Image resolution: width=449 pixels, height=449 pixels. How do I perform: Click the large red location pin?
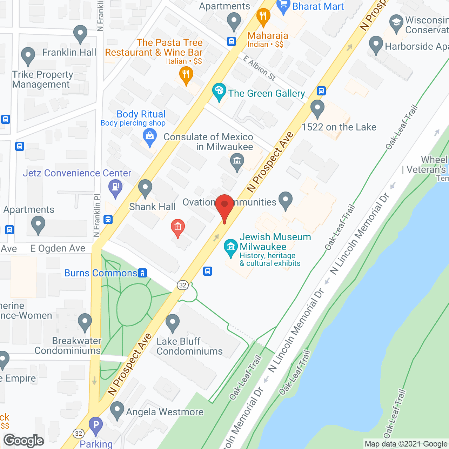coord(224,207)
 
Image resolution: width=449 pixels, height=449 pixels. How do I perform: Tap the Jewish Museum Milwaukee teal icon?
coord(230,247)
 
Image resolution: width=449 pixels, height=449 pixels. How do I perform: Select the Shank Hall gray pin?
coord(145,188)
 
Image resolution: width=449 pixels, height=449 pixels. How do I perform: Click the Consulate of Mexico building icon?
coord(237,162)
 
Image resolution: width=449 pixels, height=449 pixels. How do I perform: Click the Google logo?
coord(24,441)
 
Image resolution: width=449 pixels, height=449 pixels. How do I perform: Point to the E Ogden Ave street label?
coord(58,248)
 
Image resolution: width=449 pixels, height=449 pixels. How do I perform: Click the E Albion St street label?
coord(260,68)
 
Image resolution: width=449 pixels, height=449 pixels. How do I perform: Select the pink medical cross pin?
coord(178,227)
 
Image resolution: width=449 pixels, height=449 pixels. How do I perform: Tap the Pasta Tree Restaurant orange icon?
coord(186,75)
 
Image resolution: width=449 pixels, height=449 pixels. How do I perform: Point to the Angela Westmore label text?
coord(165,412)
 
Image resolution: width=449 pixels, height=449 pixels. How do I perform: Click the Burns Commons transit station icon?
coord(142,273)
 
